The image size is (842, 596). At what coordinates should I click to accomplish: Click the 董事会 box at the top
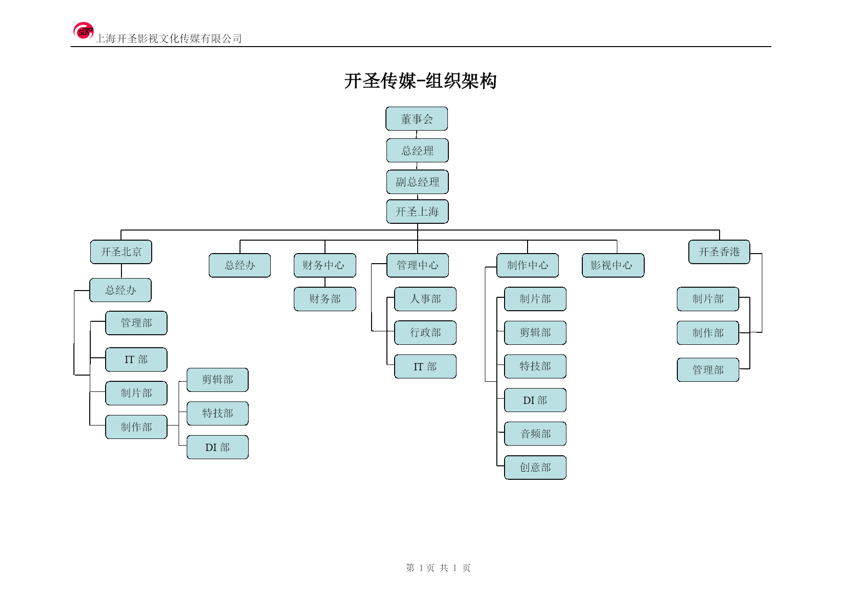417,119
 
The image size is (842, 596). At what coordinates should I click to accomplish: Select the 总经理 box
418,150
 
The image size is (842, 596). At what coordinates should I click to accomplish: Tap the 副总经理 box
418,182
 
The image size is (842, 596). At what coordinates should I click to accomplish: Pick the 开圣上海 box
418,212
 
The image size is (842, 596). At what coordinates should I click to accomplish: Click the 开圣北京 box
121,252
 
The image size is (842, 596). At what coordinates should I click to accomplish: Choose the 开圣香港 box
719,252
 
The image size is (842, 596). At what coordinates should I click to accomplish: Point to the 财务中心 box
325,266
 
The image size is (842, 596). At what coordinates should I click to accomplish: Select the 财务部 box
325,299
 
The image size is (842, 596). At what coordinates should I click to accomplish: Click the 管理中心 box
418,266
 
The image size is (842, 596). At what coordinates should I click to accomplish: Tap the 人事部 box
425,299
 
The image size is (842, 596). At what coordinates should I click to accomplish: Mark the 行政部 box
425,333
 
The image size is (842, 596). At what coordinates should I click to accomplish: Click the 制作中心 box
528,266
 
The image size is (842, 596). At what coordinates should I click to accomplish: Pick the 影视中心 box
613,266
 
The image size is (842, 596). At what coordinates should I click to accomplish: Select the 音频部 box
535,434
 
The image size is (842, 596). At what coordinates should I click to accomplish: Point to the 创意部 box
535,468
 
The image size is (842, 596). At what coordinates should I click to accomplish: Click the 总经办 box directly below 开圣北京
120,290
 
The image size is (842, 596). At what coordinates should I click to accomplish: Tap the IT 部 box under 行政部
425,367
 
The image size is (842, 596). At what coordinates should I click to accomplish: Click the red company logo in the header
83,31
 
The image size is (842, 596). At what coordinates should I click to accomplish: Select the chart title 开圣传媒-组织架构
421,81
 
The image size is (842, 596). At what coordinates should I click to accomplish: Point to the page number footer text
438,568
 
